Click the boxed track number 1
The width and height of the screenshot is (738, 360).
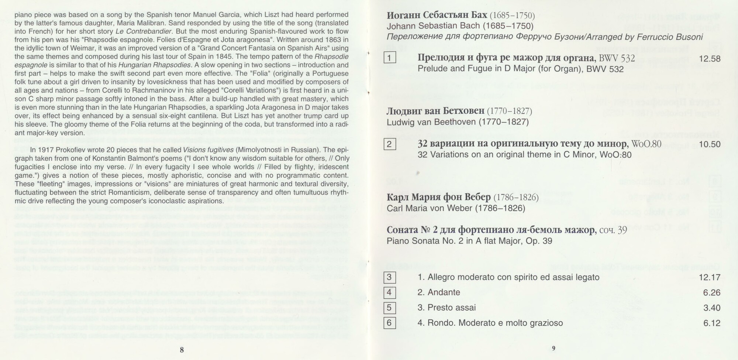tap(390, 58)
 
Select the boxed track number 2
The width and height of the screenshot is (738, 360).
tap(390, 144)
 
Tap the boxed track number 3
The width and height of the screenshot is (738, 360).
tap(389, 277)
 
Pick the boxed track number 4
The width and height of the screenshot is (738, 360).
tap(389, 292)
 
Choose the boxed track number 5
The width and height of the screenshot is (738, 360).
tap(389, 308)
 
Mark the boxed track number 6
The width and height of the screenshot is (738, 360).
tap(389, 323)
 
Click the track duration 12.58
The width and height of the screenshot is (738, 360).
tap(710, 59)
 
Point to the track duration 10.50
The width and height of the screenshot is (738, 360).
tap(710, 144)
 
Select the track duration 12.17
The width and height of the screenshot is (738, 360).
tap(710, 278)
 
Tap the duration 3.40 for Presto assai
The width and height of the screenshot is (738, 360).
tap(712, 308)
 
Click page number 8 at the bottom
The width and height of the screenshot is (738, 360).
tap(182, 350)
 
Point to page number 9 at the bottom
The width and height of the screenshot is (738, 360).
tap(553, 348)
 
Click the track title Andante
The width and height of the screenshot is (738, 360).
tap(444, 292)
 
